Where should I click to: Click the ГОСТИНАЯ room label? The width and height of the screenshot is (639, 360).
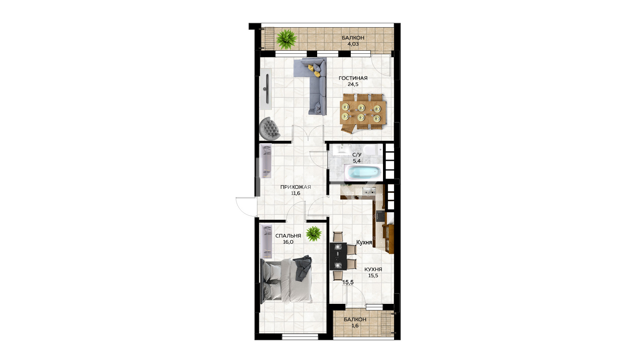pyautogui.click(x=353, y=78)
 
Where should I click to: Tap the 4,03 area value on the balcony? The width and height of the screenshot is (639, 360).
pyautogui.click(x=353, y=44)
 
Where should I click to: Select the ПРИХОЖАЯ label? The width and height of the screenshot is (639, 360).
pyautogui.click(x=296, y=187)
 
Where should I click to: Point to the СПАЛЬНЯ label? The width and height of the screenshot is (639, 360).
pyautogui.click(x=288, y=236)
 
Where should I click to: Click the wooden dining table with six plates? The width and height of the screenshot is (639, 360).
pyautogui.click(x=363, y=113)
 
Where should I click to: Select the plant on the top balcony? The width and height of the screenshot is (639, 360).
pyautogui.click(x=287, y=39)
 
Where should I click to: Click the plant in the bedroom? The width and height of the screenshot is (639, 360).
pyautogui.click(x=313, y=234)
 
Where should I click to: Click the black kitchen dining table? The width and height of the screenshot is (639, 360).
pyautogui.click(x=338, y=256)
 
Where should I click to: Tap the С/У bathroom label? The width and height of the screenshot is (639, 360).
pyautogui.click(x=357, y=155)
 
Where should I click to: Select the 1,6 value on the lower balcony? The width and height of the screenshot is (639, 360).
pyautogui.click(x=355, y=326)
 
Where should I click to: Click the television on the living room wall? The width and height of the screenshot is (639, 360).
pyautogui.click(x=267, y=88)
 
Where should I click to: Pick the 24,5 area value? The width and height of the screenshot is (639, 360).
pyautogui.click(x=353, y=84)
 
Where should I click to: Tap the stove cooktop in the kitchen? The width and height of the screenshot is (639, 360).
pyautogui.click(x=380, y=216)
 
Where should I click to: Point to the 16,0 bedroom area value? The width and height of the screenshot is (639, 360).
pyautogui.click(x=288, y=242)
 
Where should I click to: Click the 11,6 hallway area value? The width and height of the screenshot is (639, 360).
pyautogui.click(x=296, y=193)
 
